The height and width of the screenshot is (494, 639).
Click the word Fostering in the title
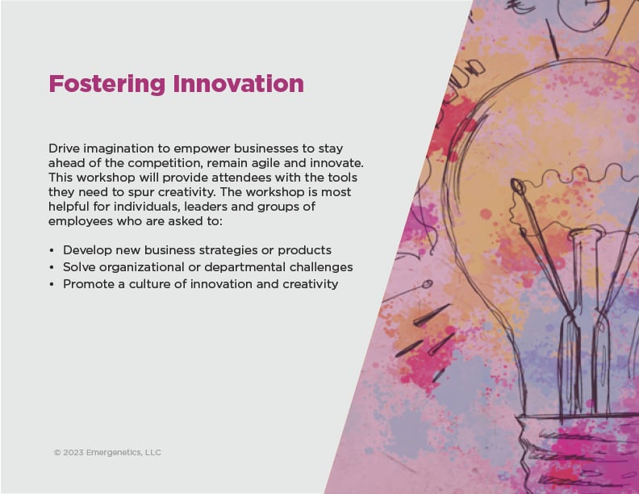(106, 84)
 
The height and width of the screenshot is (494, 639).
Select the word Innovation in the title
(238, 84)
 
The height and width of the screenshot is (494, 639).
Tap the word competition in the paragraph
(165, 163)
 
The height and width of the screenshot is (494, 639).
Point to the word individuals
(147, 207)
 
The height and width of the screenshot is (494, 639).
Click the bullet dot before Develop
(52, 251)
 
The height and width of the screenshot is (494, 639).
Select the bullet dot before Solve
(52, 268)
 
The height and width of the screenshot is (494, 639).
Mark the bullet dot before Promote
(52, 284)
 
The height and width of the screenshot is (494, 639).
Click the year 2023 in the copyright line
(73, 452)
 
